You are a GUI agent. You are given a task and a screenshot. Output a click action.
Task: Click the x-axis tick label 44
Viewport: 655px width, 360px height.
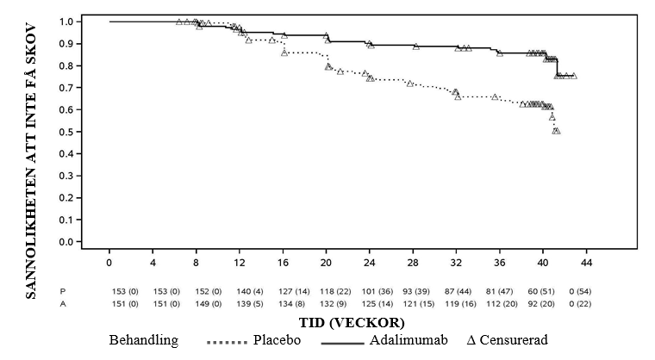[x=586, y=262]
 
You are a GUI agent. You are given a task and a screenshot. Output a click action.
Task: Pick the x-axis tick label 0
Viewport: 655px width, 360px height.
[x=110, y=262]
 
